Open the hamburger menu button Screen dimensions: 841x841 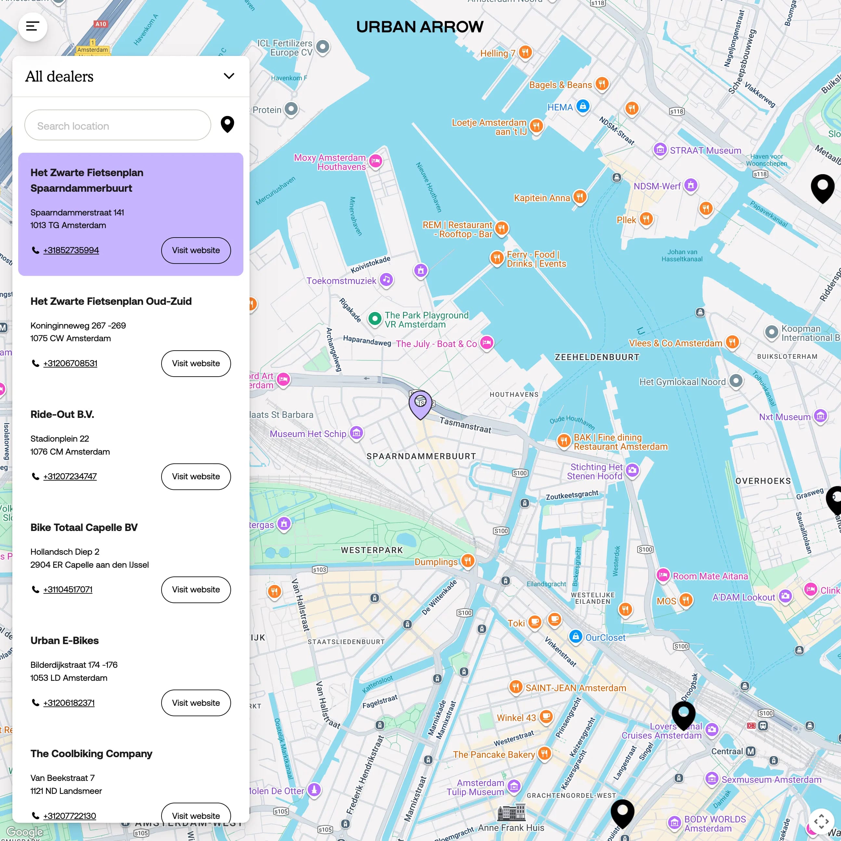32,27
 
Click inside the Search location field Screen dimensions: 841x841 118,126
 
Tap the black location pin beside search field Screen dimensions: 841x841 227,124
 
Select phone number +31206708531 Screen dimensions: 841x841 70,363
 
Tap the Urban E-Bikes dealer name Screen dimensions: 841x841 64,640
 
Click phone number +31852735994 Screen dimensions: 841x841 71,250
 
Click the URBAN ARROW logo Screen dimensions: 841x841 420,27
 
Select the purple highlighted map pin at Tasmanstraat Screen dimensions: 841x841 420,403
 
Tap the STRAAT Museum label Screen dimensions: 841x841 705,150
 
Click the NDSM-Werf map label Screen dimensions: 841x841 657,186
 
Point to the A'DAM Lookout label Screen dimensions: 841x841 743,597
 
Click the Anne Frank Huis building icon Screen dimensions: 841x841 511,811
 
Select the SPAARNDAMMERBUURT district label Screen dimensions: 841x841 421,456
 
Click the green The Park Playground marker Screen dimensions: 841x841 375,319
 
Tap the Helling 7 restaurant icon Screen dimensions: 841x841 525,53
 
